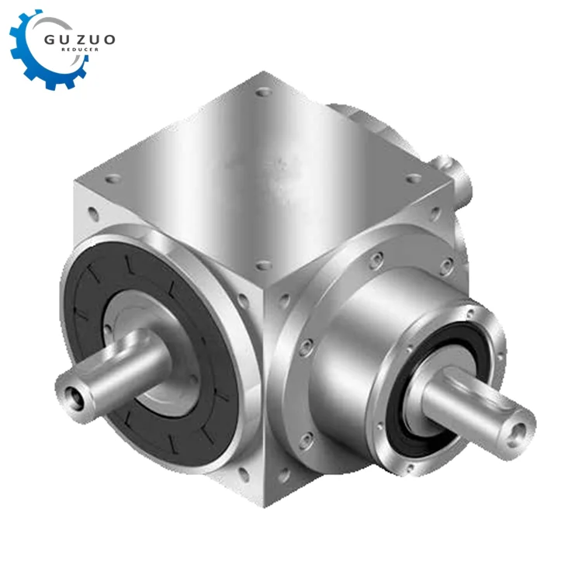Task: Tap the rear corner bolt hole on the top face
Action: (x=263, y=91)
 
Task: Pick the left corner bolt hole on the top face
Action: (x=113, y=178)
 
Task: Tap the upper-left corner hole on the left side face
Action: (x=92, y=210)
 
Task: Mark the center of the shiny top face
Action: (x=264, y=171)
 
